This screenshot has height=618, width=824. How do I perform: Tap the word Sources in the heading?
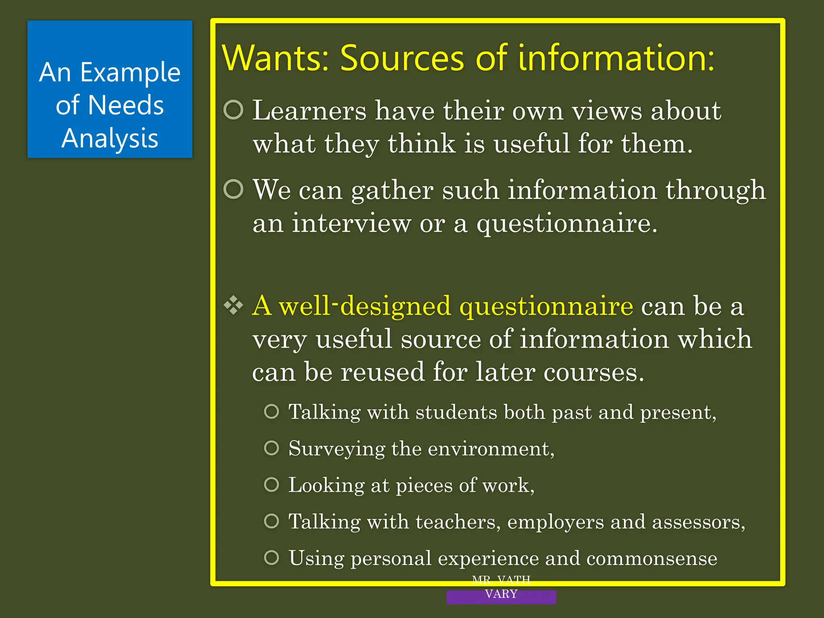[x=402, y=59]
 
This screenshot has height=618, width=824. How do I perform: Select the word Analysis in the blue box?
[x=110, y=138]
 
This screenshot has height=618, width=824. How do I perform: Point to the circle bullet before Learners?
[x=234, y=109]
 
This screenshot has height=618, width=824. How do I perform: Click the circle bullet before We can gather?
[x=234, y=189]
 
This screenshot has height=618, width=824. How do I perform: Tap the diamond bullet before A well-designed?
[x=234, y=305]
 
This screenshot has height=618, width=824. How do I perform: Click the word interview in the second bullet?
[x=351, y=223]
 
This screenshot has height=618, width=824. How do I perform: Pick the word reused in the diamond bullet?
[x=383, y=372]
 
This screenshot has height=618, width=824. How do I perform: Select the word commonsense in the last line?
[x=651, y=558]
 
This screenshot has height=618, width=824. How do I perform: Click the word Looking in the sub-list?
[x=326, y=485]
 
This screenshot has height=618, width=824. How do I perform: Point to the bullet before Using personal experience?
[x=272, y=558]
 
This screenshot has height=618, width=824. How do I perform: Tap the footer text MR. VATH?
[x=501, y=580]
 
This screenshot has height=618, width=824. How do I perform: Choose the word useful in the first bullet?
[x=531, y=144]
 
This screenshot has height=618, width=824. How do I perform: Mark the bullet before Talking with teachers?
[x=272, y=521]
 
